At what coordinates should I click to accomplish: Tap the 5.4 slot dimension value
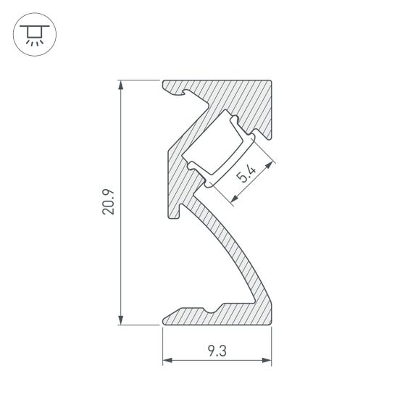246,175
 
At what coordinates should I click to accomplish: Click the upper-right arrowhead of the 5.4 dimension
272,167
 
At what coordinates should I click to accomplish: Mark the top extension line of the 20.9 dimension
138,80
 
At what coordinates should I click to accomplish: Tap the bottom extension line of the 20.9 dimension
138,325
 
